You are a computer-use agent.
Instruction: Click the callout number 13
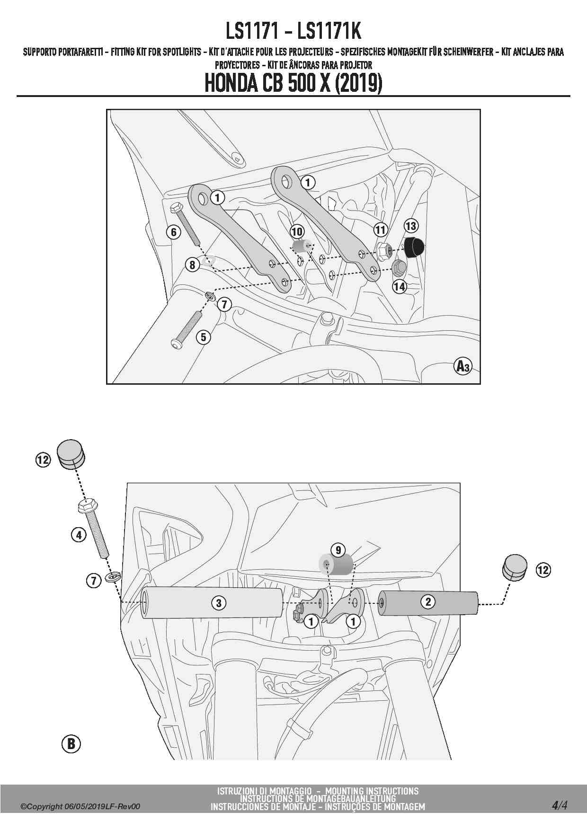(x=411, y=226)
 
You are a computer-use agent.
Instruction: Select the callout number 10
(x=297, y=231)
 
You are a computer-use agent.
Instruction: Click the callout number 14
(x=400, y=286)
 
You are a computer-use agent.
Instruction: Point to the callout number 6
(x=174, y=232)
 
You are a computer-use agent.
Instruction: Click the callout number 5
(x=204, y=337)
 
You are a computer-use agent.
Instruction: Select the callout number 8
(x=192, y=265)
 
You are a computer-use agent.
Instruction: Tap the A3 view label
(x=462, y=366)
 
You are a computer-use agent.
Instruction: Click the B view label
(x=71, y=743)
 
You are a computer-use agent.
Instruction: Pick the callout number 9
(x=338, y=550)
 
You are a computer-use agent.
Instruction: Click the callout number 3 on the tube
(x=219, y=603)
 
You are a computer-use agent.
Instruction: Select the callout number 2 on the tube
(x=428, y=601)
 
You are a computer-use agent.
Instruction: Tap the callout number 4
(x=79, y=535)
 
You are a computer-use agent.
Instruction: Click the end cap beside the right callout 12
(x=514, y=567)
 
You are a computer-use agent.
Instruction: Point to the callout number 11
(x=381, y=230)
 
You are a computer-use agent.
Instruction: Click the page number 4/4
(x=559, y=805)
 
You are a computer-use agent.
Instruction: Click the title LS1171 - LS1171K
(x=293, y=31)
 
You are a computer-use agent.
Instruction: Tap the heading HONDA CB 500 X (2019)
(x=293, y=83)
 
